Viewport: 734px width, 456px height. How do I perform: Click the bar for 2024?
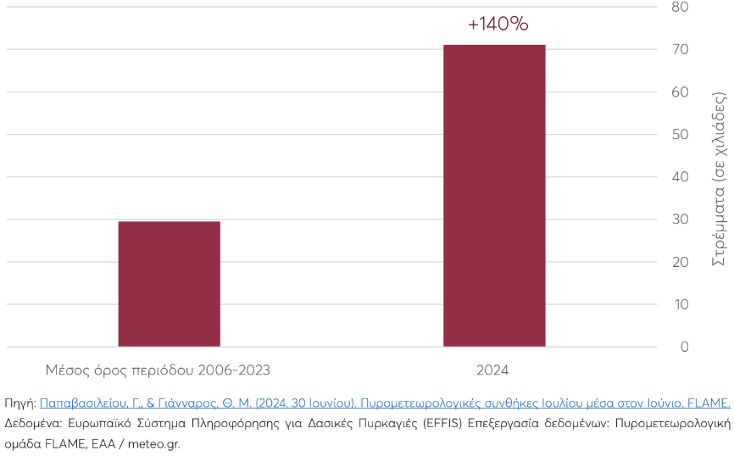[494, 196]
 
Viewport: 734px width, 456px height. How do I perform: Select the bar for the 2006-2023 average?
[169, 284]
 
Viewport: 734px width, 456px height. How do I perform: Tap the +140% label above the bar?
[498, 25]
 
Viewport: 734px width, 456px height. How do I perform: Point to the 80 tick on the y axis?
[680, 8]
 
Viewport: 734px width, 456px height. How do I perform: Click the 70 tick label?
[680, 50]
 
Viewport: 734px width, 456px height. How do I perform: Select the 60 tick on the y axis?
[680, 92]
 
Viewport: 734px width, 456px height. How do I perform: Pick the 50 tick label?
[680, 135]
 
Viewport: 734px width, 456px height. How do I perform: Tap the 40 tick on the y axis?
[680, 177]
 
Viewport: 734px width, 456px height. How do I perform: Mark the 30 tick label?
[680, 220]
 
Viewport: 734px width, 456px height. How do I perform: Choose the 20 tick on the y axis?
[680, 262]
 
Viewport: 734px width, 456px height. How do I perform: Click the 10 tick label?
[680, 304]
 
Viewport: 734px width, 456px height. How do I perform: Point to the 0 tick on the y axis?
[683, 347]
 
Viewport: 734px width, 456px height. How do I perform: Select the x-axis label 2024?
[492, 370]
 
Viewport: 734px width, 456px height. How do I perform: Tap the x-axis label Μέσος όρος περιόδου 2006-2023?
[158, 370]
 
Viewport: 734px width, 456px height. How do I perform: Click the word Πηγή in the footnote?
[19, 403]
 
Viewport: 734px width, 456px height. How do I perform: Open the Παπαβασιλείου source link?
[385, 403]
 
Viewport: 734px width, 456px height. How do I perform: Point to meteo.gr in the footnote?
[153, 442]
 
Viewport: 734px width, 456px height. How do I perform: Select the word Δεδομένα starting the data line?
[31, 423]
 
